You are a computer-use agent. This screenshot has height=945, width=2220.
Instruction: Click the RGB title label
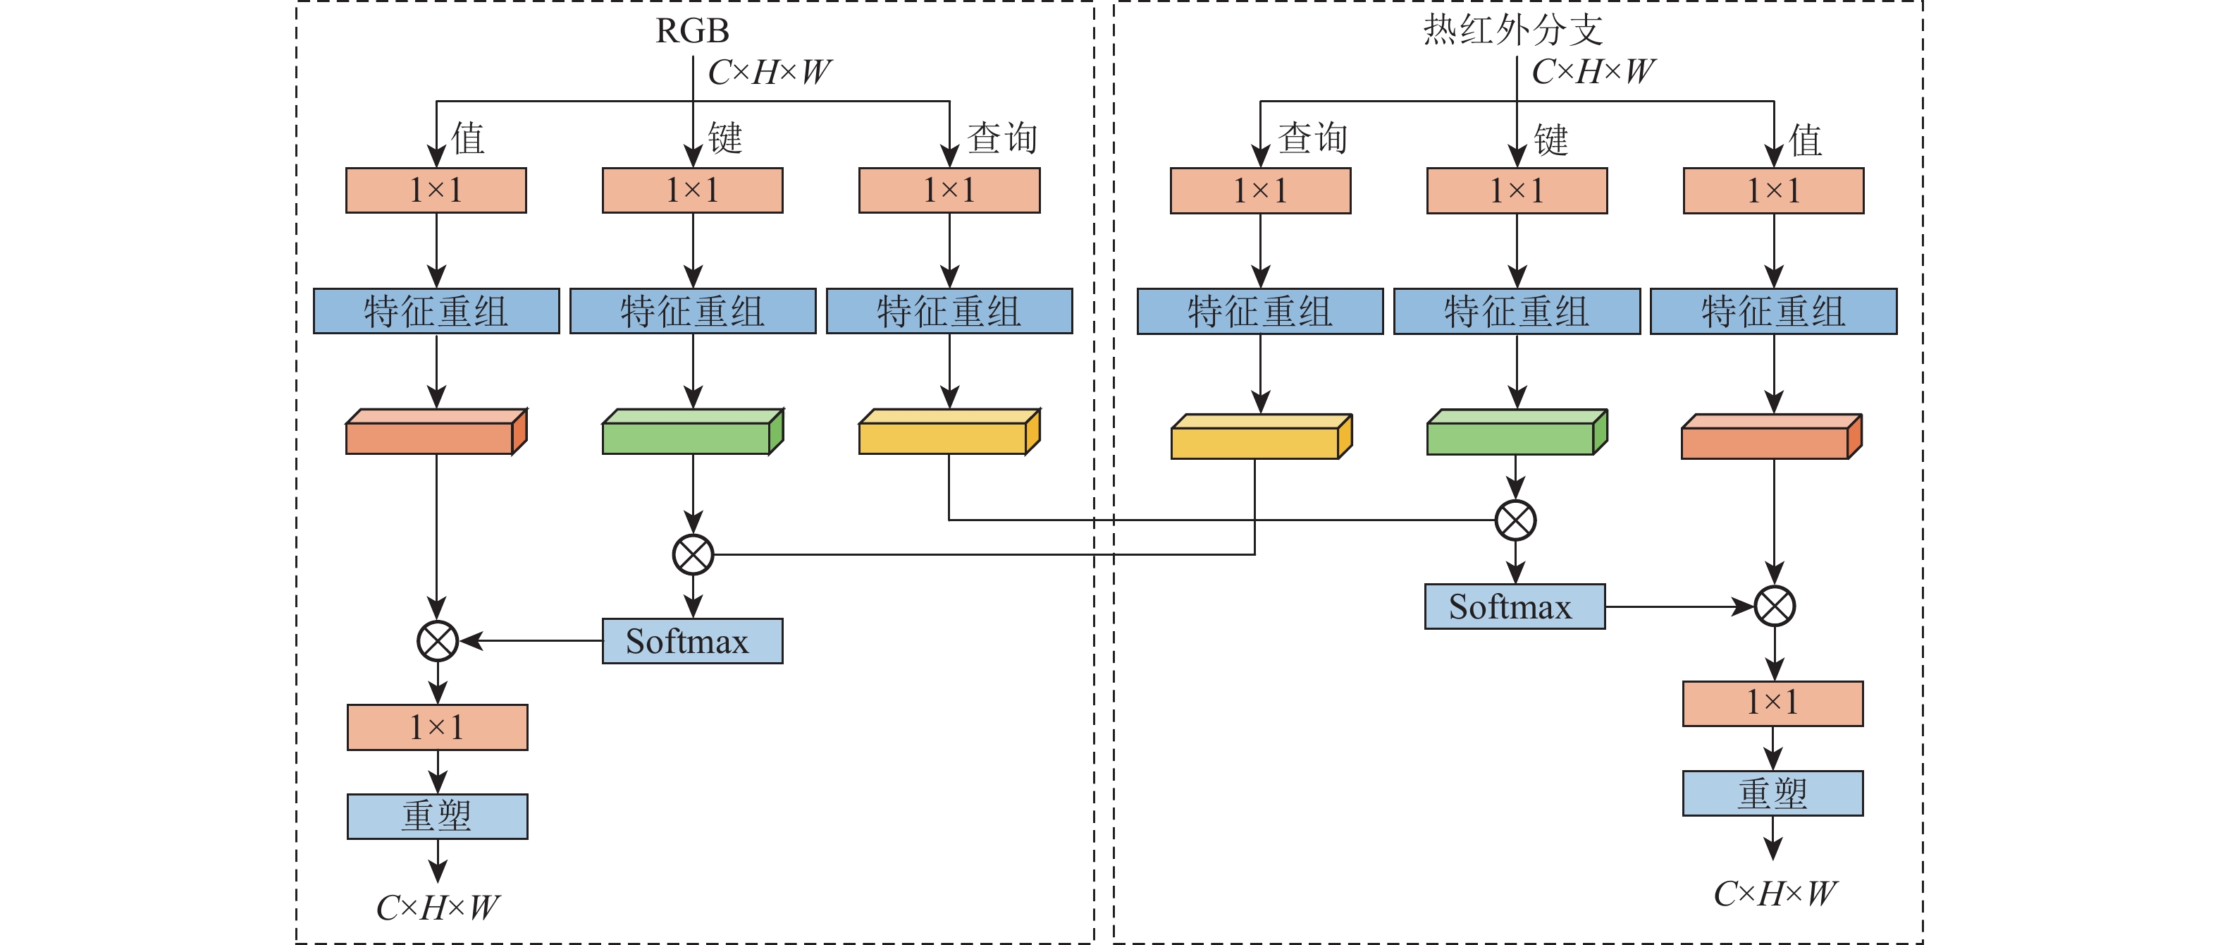click(692, 31)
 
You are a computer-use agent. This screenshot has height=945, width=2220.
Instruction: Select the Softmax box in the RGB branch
click(692, 640)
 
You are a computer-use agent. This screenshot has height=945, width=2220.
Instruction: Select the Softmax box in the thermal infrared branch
click(1515, 606)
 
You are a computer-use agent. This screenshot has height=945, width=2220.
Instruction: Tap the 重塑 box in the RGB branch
click(437, 816)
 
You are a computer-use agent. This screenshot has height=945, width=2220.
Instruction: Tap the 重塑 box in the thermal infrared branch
click(1772, 793)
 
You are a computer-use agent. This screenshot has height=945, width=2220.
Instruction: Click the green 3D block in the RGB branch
click(692, 432)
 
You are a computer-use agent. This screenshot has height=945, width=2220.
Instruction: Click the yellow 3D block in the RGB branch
click(949, 432)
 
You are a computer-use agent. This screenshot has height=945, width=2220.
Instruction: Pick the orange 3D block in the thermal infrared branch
click(1771, 437)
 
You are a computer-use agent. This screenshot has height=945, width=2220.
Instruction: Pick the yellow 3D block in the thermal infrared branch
click(1260, 437)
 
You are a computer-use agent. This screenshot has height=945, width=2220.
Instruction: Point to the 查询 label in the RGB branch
click(1001, 138)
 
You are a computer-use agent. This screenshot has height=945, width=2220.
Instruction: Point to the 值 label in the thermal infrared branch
click(1806, 140)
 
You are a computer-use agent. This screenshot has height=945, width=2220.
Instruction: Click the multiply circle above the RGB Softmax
click(693, 554)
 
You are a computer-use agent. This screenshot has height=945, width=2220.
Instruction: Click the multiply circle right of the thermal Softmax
click(1775, 606)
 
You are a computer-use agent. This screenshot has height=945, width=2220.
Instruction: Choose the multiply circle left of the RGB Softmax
click(437, 640)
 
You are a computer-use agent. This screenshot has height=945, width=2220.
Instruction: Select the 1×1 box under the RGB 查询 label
click(949, 190)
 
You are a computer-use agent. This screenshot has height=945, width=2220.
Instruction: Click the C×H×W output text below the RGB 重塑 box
click(437, 907)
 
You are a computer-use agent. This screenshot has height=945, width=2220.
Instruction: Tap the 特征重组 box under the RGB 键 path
click(692, 311)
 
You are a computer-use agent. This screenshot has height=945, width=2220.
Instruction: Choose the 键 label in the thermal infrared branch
click(1550, 140)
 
